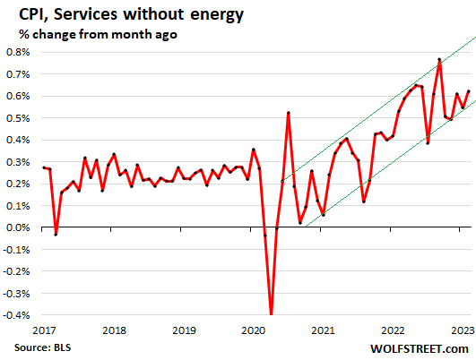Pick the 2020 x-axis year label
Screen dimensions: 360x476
(253, 330)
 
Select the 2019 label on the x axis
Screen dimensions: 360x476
(183, 330)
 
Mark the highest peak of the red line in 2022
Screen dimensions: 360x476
(439, 60)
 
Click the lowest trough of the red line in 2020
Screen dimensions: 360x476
(271, 314)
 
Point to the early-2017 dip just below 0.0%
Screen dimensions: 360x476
(56, 234)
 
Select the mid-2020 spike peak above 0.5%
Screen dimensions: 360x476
(288, 113)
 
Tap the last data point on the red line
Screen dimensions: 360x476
(468, 91)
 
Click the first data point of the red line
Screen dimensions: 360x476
(44, 167)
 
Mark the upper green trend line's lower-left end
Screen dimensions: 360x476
(281, 183)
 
